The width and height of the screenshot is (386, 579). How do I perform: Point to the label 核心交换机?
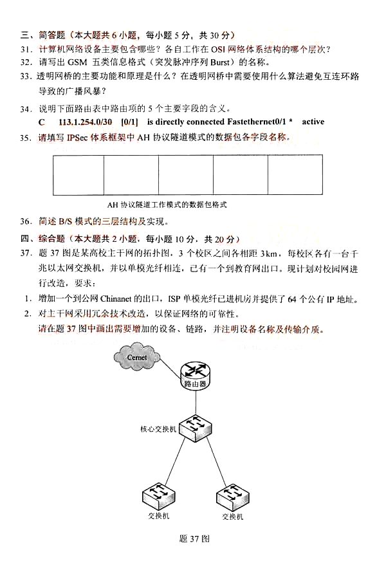coord(158,428)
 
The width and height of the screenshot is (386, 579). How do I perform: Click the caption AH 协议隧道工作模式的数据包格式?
coord(169,205)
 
